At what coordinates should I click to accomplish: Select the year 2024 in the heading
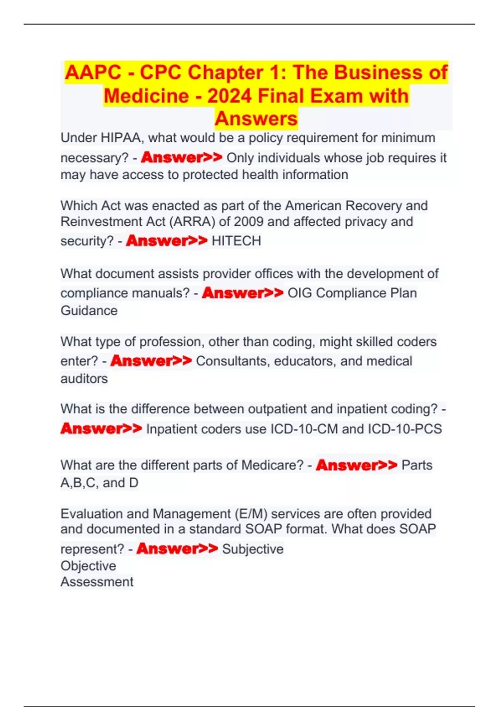tap(230, 96)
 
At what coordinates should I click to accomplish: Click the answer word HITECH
tap(236, 241)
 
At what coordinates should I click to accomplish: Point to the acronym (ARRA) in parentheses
tap(192, 222)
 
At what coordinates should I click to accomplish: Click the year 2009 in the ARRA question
tap(248, 222)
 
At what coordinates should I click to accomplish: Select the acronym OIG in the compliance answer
tap(299, 293)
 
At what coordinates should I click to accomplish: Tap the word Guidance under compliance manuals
tap(89, 311)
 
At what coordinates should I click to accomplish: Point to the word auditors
tap(84, 379)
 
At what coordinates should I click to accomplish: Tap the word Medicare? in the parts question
tap(272, 465)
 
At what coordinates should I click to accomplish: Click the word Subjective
tap(252, 549)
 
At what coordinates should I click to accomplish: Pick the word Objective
tap(88, 566)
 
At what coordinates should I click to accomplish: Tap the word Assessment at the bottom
tap(97, 582)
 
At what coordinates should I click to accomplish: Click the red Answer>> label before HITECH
tap(166, 241)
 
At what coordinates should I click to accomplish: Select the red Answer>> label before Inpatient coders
tap(101, 429)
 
